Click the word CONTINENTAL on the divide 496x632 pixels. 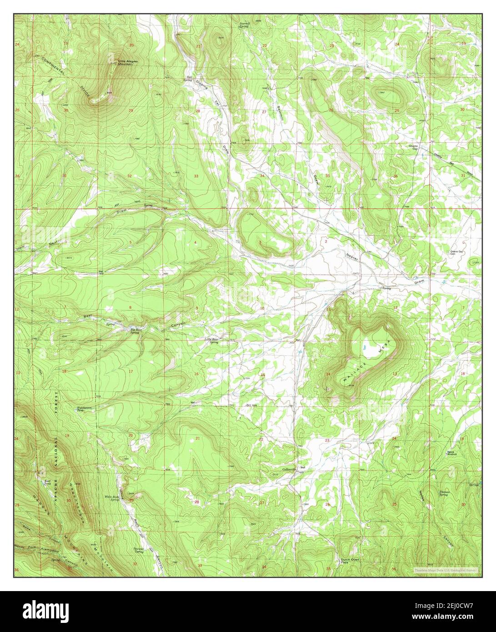coord(53,66)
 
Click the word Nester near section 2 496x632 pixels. coord(352,257)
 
